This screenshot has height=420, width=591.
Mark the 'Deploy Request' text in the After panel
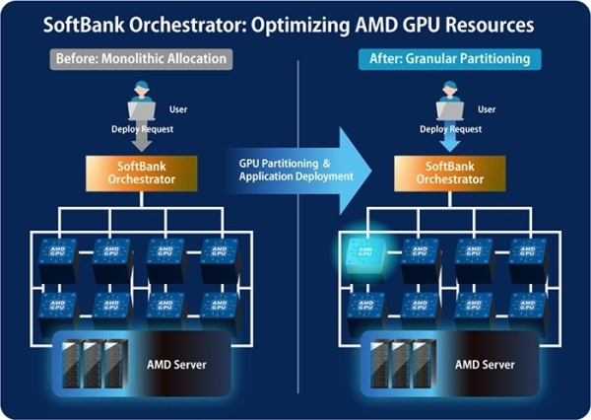point(450,128)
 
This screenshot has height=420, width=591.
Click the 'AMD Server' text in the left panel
point(178,364)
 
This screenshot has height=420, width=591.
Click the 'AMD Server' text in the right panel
point(485,364)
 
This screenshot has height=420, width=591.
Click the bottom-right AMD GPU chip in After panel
point(527,307)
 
